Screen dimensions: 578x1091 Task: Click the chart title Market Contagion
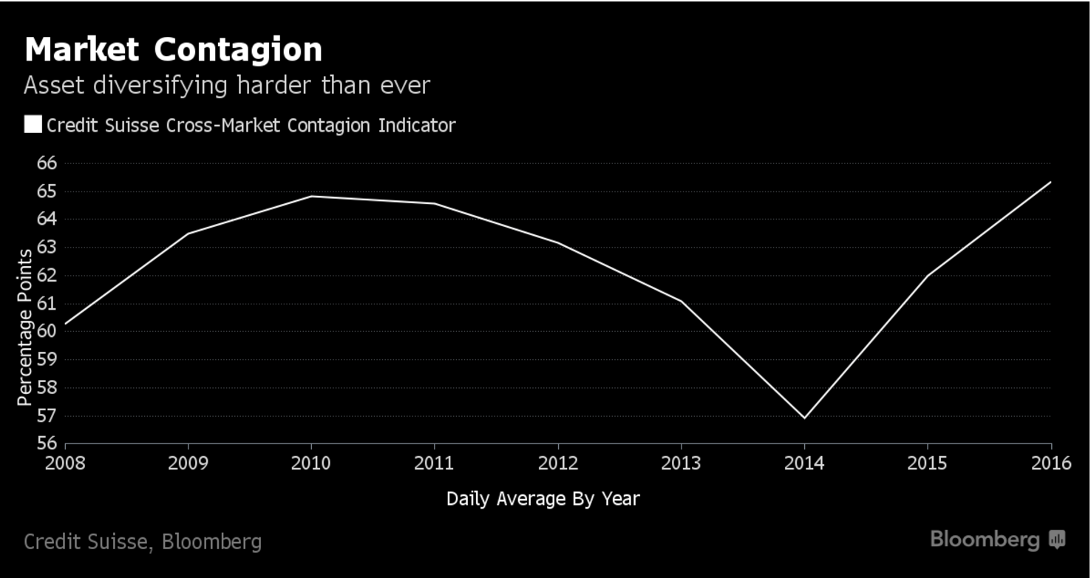coord(173,50)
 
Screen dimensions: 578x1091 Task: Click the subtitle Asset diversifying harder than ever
coord(226,86)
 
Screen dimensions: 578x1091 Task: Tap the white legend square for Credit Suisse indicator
coord(33,124)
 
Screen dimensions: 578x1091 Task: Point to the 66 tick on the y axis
coord(47,163)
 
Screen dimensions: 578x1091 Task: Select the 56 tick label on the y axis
coord(47,443)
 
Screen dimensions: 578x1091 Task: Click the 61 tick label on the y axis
coord(47,304)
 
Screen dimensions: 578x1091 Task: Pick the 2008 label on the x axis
coord(65,463)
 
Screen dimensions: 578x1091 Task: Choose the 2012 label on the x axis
coord(557,463)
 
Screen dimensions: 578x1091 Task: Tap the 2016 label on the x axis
coord(1051,463)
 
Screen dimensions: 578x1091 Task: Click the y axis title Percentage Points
coord(25,327)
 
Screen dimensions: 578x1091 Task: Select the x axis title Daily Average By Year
coord(543,499)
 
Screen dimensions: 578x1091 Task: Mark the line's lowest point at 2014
coord(804,418)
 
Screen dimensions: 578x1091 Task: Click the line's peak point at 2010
coord(311,196)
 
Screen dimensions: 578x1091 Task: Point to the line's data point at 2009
coord(188,234)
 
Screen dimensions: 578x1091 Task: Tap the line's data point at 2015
coord(928,276)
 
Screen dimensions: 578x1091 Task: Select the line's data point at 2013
coord(681,301)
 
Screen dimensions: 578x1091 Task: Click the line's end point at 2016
coord(1050,182)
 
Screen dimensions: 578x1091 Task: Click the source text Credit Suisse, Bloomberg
coord(143,542)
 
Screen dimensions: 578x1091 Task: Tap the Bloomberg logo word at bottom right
coord(985,540)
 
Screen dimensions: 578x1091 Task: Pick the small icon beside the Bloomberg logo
coord(1057,540)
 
